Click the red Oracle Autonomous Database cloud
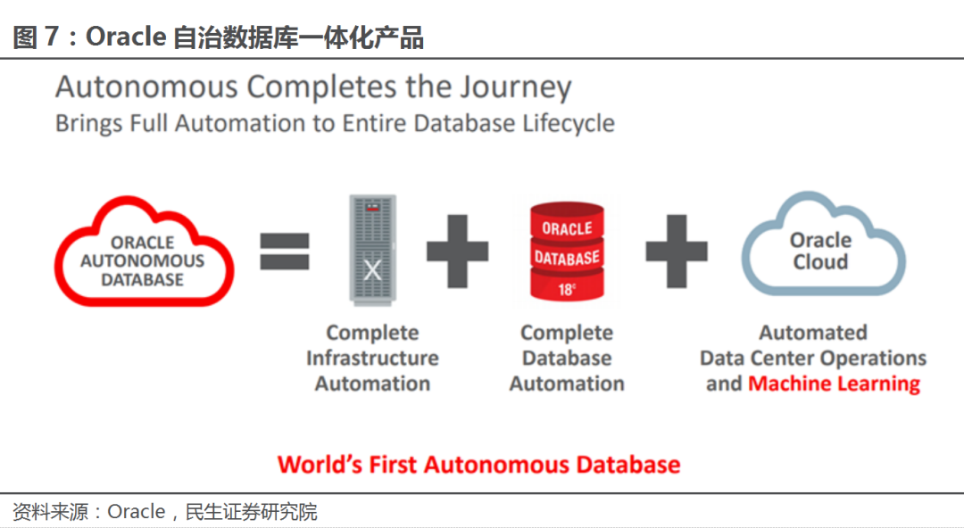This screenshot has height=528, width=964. [x=144, y=254]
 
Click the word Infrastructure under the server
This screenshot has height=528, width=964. [x=372, y=358]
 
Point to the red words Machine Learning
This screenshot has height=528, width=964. [x=834, y=384]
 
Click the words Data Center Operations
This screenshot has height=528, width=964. [x=812, y=358]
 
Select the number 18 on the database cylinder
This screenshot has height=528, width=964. [x=566, y=289]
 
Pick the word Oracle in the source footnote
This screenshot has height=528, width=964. [x=136, y=512]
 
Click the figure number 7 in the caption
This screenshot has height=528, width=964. [x=51, y=37]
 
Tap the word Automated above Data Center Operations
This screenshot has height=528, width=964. [x=812, y=333]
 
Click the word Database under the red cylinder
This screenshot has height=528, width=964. [x=567, y=358]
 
